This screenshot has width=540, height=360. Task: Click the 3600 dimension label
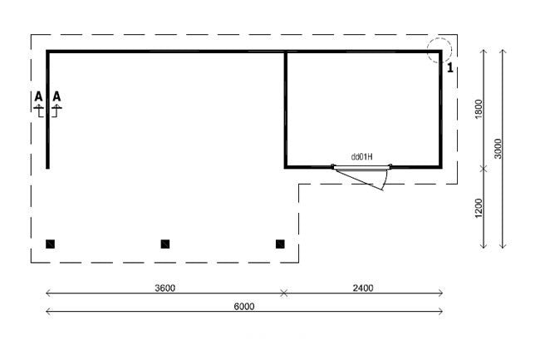(x=165, y=288)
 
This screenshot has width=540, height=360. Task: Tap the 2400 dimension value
(x=362, y=288)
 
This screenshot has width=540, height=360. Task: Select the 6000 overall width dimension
(x=243, y=306)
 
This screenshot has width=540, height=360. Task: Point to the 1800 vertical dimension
(x=478, y=109)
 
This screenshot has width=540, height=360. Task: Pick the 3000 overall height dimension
(x=498, y=149)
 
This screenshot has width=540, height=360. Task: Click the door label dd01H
(x=361, y=156)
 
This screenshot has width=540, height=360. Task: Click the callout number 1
(x=449, y=68)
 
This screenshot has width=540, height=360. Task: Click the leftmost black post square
(x=51, y=244)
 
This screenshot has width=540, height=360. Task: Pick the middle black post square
(x=165, y=244)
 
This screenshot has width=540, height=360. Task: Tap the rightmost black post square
(x=280, y=244)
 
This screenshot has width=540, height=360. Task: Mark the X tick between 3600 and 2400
(x=284, y=293)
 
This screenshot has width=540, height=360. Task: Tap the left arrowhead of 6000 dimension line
(x=47, y=311)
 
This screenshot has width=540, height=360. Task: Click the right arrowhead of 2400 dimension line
(x=440, y=293)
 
